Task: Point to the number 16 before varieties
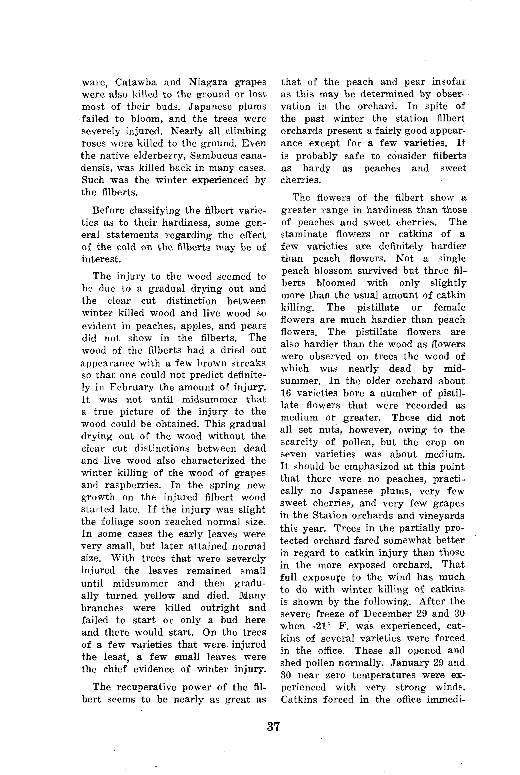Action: point(286,393)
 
